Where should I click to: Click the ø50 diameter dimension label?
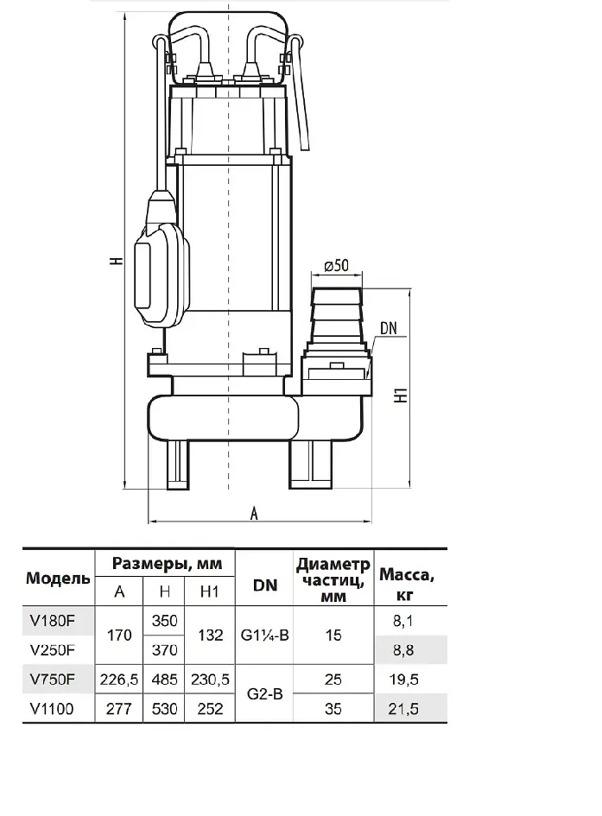click(336, 265)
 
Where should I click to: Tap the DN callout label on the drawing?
click(389, 328)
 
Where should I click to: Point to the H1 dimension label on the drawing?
click(402, 395)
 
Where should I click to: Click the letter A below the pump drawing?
click(254, 514)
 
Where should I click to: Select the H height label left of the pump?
click(117, 260)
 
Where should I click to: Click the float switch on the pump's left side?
click(162, 260)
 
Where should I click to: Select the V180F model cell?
click(53, 621)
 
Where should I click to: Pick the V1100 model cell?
click(52, 709)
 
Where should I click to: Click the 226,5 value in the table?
click(119, 680)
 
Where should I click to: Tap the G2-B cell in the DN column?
click(265, 693)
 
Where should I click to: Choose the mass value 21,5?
click(403, 709)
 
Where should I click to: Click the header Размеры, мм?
click(167, 564)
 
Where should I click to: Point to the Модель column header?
click(58, 579)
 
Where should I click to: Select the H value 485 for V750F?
click(164, 680)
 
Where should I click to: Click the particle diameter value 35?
click(333, 709)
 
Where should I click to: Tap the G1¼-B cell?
click(265, 636)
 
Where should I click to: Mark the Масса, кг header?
click(406, 585)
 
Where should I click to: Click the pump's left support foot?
click(177, 464)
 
